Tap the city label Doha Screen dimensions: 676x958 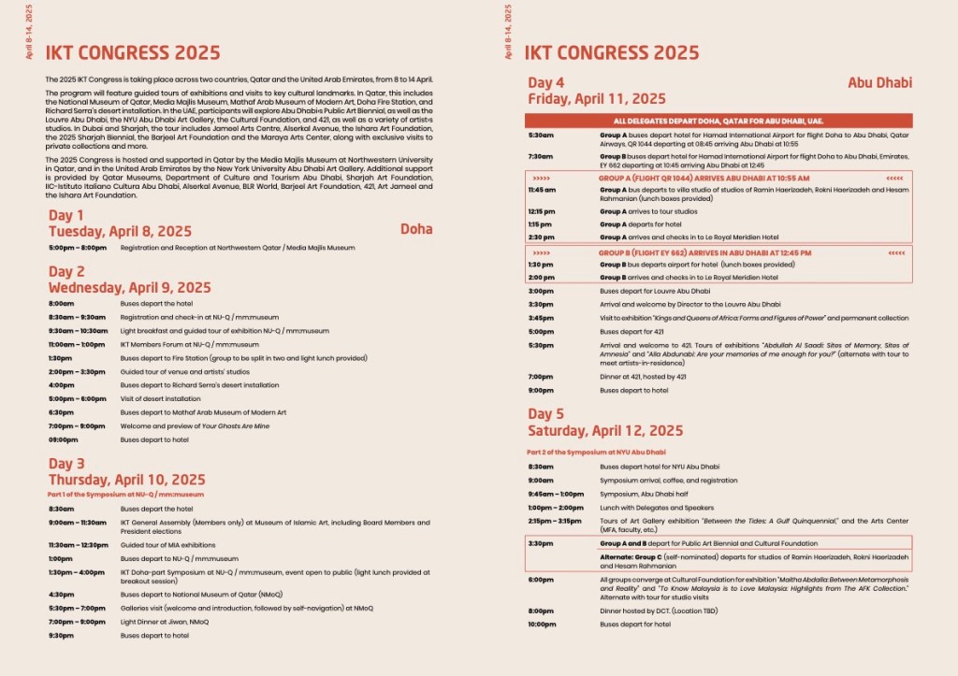pos(416,228)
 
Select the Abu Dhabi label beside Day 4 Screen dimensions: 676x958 pos(879,82)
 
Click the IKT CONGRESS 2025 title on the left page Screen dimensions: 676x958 pos(133,52)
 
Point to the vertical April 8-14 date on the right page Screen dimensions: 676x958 pos(508,32)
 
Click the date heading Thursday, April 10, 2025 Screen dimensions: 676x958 pos(126,480)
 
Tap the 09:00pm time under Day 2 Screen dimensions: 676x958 pos(64,439)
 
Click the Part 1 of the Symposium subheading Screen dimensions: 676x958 pos(126,494)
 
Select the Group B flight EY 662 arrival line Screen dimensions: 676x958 pos(704,253)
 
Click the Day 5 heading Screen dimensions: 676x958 pos(546,414)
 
